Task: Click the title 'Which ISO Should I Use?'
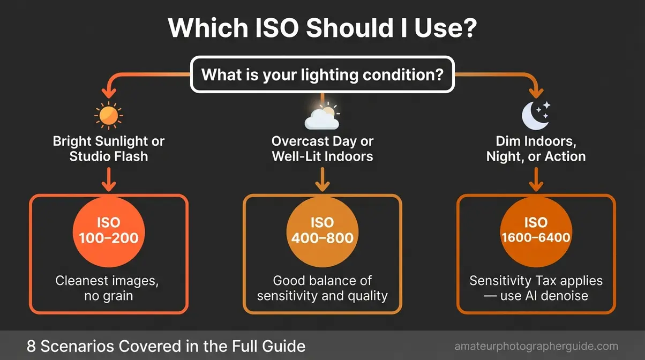coord(322,28)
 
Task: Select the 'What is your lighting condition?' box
coord(322,76)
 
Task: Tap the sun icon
coord(108,115)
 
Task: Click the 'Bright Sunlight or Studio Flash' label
coord(108,149)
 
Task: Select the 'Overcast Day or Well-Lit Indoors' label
coord(322,149)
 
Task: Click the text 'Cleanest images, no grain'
coord(108,288)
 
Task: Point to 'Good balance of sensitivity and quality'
coord(322,288)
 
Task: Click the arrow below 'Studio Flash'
coord(109,179)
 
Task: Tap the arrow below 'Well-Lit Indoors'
coord(322,179)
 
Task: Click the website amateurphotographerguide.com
coord(536,347)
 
